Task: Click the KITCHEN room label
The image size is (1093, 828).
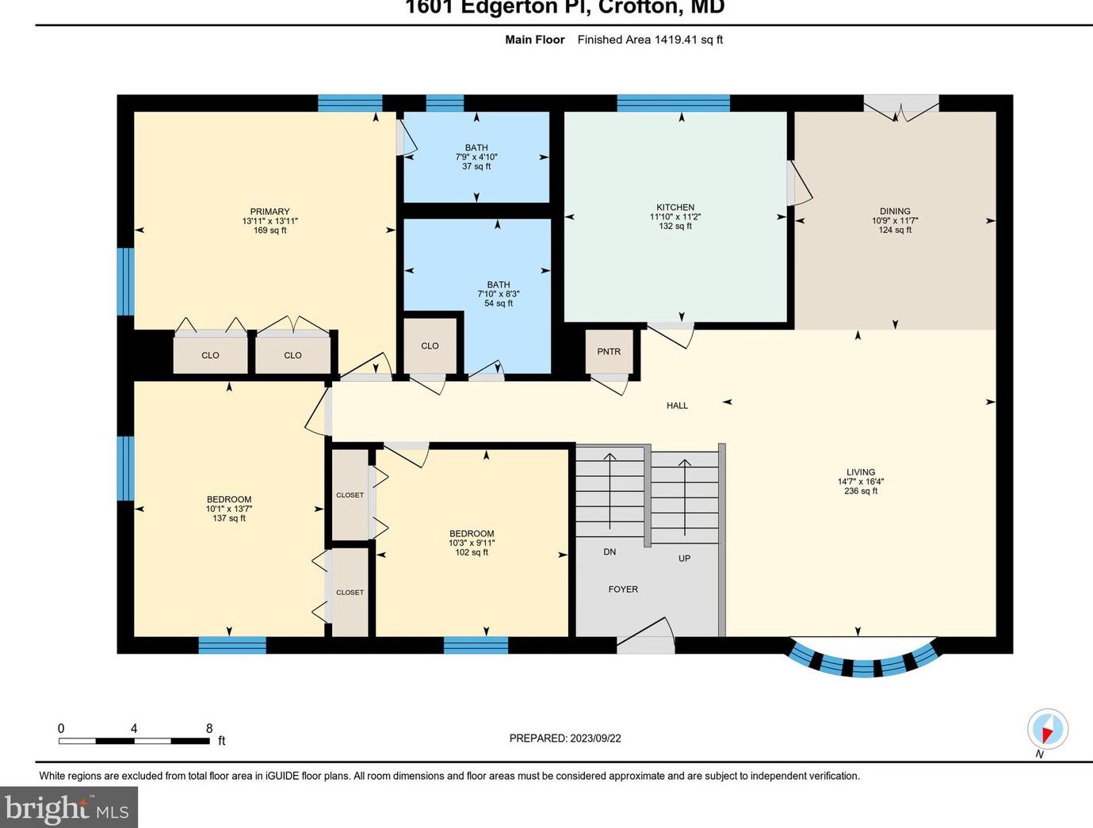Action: click(x=675, y=208)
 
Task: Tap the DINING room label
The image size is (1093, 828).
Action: click(x=895, y=212)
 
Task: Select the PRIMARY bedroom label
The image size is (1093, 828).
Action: click(x=269, y=212)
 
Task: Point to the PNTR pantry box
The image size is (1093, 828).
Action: click(x=609, y=352)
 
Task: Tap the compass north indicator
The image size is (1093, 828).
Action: click(x=1048, y=729)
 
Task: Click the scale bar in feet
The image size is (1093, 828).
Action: click(x=134, y=741)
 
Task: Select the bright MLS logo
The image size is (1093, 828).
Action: click(x=68, y=807)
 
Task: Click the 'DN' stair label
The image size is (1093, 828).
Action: click(x=610, y=551)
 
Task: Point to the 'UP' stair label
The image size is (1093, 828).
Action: click(x=684, y=559)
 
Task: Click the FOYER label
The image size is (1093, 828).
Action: click(x=623, y=590)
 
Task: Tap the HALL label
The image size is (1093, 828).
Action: click(x=677, y=406)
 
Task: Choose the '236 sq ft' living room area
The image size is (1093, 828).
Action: click(x=861, y=491)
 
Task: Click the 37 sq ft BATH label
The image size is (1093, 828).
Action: click(x=476, y=157)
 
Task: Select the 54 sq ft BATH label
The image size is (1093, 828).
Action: click(x=499, y=294)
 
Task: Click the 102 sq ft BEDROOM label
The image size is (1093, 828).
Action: click(x=472, y=543)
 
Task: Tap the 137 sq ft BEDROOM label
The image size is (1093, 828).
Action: click(x=229, y=509)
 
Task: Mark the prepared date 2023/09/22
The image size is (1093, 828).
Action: click(x=565, y=738)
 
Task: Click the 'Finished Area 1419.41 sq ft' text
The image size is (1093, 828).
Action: click(x=650, y=40)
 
